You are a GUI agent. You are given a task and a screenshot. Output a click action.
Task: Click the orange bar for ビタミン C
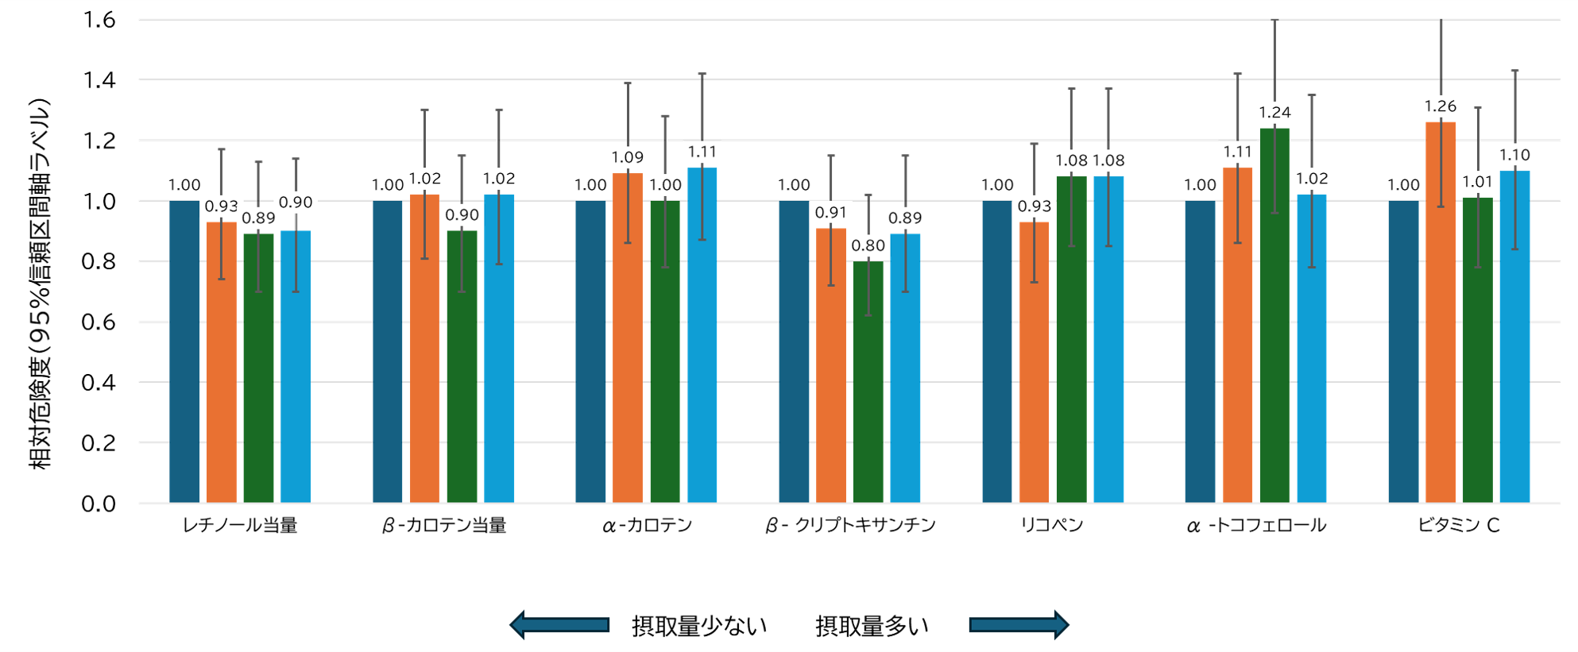1440,318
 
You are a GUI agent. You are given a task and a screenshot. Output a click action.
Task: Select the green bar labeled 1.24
1274,318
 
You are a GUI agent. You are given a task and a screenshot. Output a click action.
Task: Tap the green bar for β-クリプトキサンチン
868,381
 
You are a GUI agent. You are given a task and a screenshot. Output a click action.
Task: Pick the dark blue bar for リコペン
997,349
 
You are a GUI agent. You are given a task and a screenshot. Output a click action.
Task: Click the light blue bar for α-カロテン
702,334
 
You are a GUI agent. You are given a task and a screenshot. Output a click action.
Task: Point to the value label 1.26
1440,106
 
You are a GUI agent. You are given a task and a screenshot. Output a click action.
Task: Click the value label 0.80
868,245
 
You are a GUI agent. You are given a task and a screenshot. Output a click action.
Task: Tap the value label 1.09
627,157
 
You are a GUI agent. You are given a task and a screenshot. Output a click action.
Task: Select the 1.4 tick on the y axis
99,80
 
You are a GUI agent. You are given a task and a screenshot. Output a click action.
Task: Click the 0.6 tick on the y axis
99,322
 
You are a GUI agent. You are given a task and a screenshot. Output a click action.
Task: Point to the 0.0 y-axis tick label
99,503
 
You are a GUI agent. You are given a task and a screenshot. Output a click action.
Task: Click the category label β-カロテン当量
444,525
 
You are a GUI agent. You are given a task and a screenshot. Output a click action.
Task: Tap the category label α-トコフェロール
1256,525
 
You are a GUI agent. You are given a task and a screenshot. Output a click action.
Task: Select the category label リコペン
1052,525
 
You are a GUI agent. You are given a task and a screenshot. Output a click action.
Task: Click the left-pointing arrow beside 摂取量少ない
559,625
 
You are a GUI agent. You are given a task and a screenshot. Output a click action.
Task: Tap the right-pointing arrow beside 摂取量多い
1019,625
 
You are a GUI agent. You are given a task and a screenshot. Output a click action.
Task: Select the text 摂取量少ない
699,626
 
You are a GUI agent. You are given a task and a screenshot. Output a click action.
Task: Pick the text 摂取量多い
872,626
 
